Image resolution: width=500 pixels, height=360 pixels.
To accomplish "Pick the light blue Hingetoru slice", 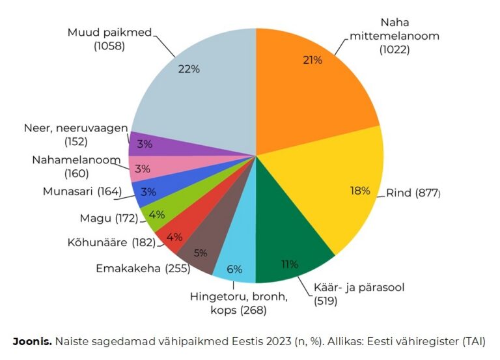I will click(236, 264).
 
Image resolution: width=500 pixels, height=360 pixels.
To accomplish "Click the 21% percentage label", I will click(312, 61).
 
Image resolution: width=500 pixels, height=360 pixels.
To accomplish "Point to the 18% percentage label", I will click(360, 191).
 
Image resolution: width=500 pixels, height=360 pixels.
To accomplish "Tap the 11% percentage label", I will click(289, 264).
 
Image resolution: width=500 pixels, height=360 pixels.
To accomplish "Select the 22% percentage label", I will click(189, 69).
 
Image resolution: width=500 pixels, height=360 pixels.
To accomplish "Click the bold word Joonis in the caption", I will click(32, 340).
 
